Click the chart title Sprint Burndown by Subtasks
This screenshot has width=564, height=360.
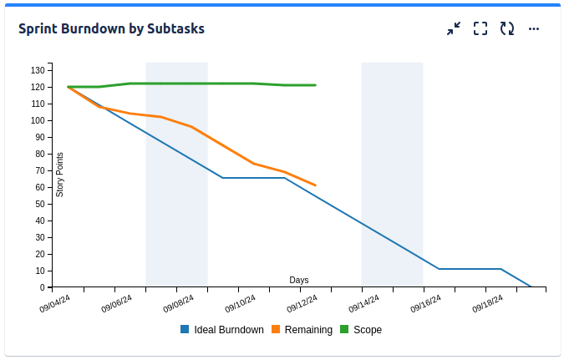click(x=111, y=28)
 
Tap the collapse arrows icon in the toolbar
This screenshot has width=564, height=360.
click(x=454, y=28)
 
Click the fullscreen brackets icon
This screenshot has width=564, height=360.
click(x=480, y=28)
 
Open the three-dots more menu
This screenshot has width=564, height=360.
click(x=534, y=28)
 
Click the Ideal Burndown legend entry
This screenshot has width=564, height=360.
click(x=221, y=330)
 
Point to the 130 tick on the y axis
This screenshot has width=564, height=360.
click(x=38, y=70)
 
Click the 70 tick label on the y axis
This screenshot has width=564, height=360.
click(x=39, y=170)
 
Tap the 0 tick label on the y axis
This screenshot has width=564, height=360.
click(x=42, y=287)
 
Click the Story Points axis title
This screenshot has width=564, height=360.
click(x=60, y=175)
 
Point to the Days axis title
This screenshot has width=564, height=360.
click(x=299, y=280)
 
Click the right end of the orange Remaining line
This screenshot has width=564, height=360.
click(x=315, y=185)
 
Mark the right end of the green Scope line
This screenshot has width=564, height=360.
click(x=315, y=85)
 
